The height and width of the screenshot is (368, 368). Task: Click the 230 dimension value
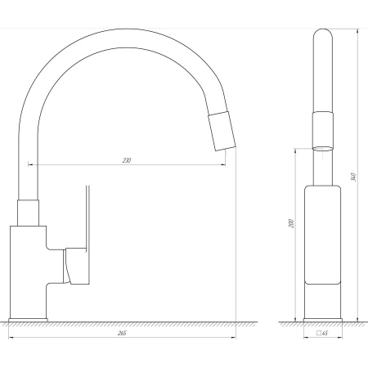(x=127, y=160)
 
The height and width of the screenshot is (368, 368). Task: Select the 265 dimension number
(x=122, y=333)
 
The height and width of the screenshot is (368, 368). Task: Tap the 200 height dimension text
(x=291, y=223)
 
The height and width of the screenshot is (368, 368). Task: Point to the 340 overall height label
(x=354, y=177)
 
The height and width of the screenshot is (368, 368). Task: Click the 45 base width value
(x=325, y=333)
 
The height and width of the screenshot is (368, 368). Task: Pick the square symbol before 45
(x=318, y=333)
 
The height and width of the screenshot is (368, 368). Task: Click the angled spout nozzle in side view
(x=222, y=131)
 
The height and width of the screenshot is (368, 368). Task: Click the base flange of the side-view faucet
(x=28, y=320)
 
